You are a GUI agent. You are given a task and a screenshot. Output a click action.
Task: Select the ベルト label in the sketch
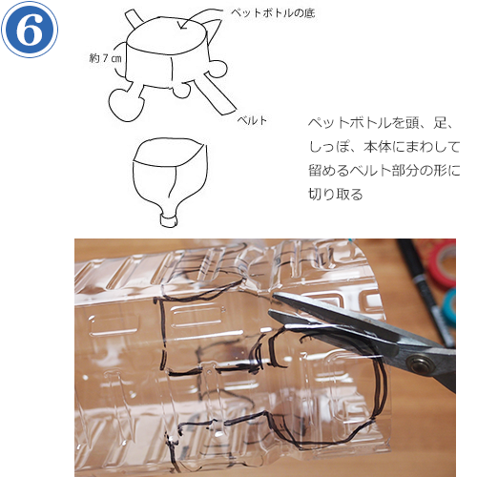click(253, 120)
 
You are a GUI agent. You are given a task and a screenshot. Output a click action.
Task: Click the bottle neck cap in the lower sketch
click(168, 220)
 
